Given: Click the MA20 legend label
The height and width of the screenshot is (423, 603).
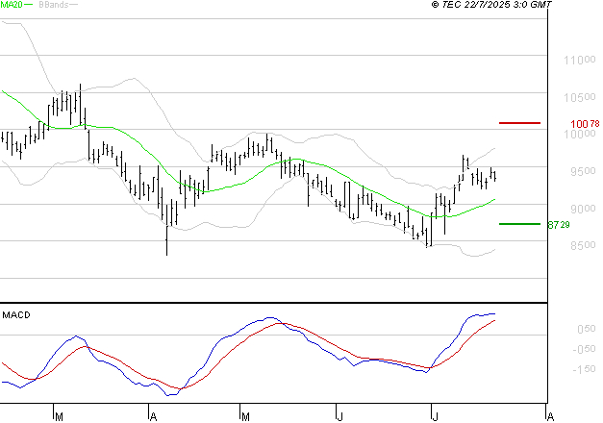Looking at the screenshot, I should pos(12,5).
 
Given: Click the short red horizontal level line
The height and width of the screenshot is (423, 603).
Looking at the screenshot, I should pos(519,123).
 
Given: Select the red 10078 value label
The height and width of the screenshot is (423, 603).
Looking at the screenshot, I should pos(585,124).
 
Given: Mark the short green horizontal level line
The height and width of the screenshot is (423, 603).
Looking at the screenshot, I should pos(519,223).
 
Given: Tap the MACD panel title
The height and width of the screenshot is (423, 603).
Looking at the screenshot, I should pos(16,314).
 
